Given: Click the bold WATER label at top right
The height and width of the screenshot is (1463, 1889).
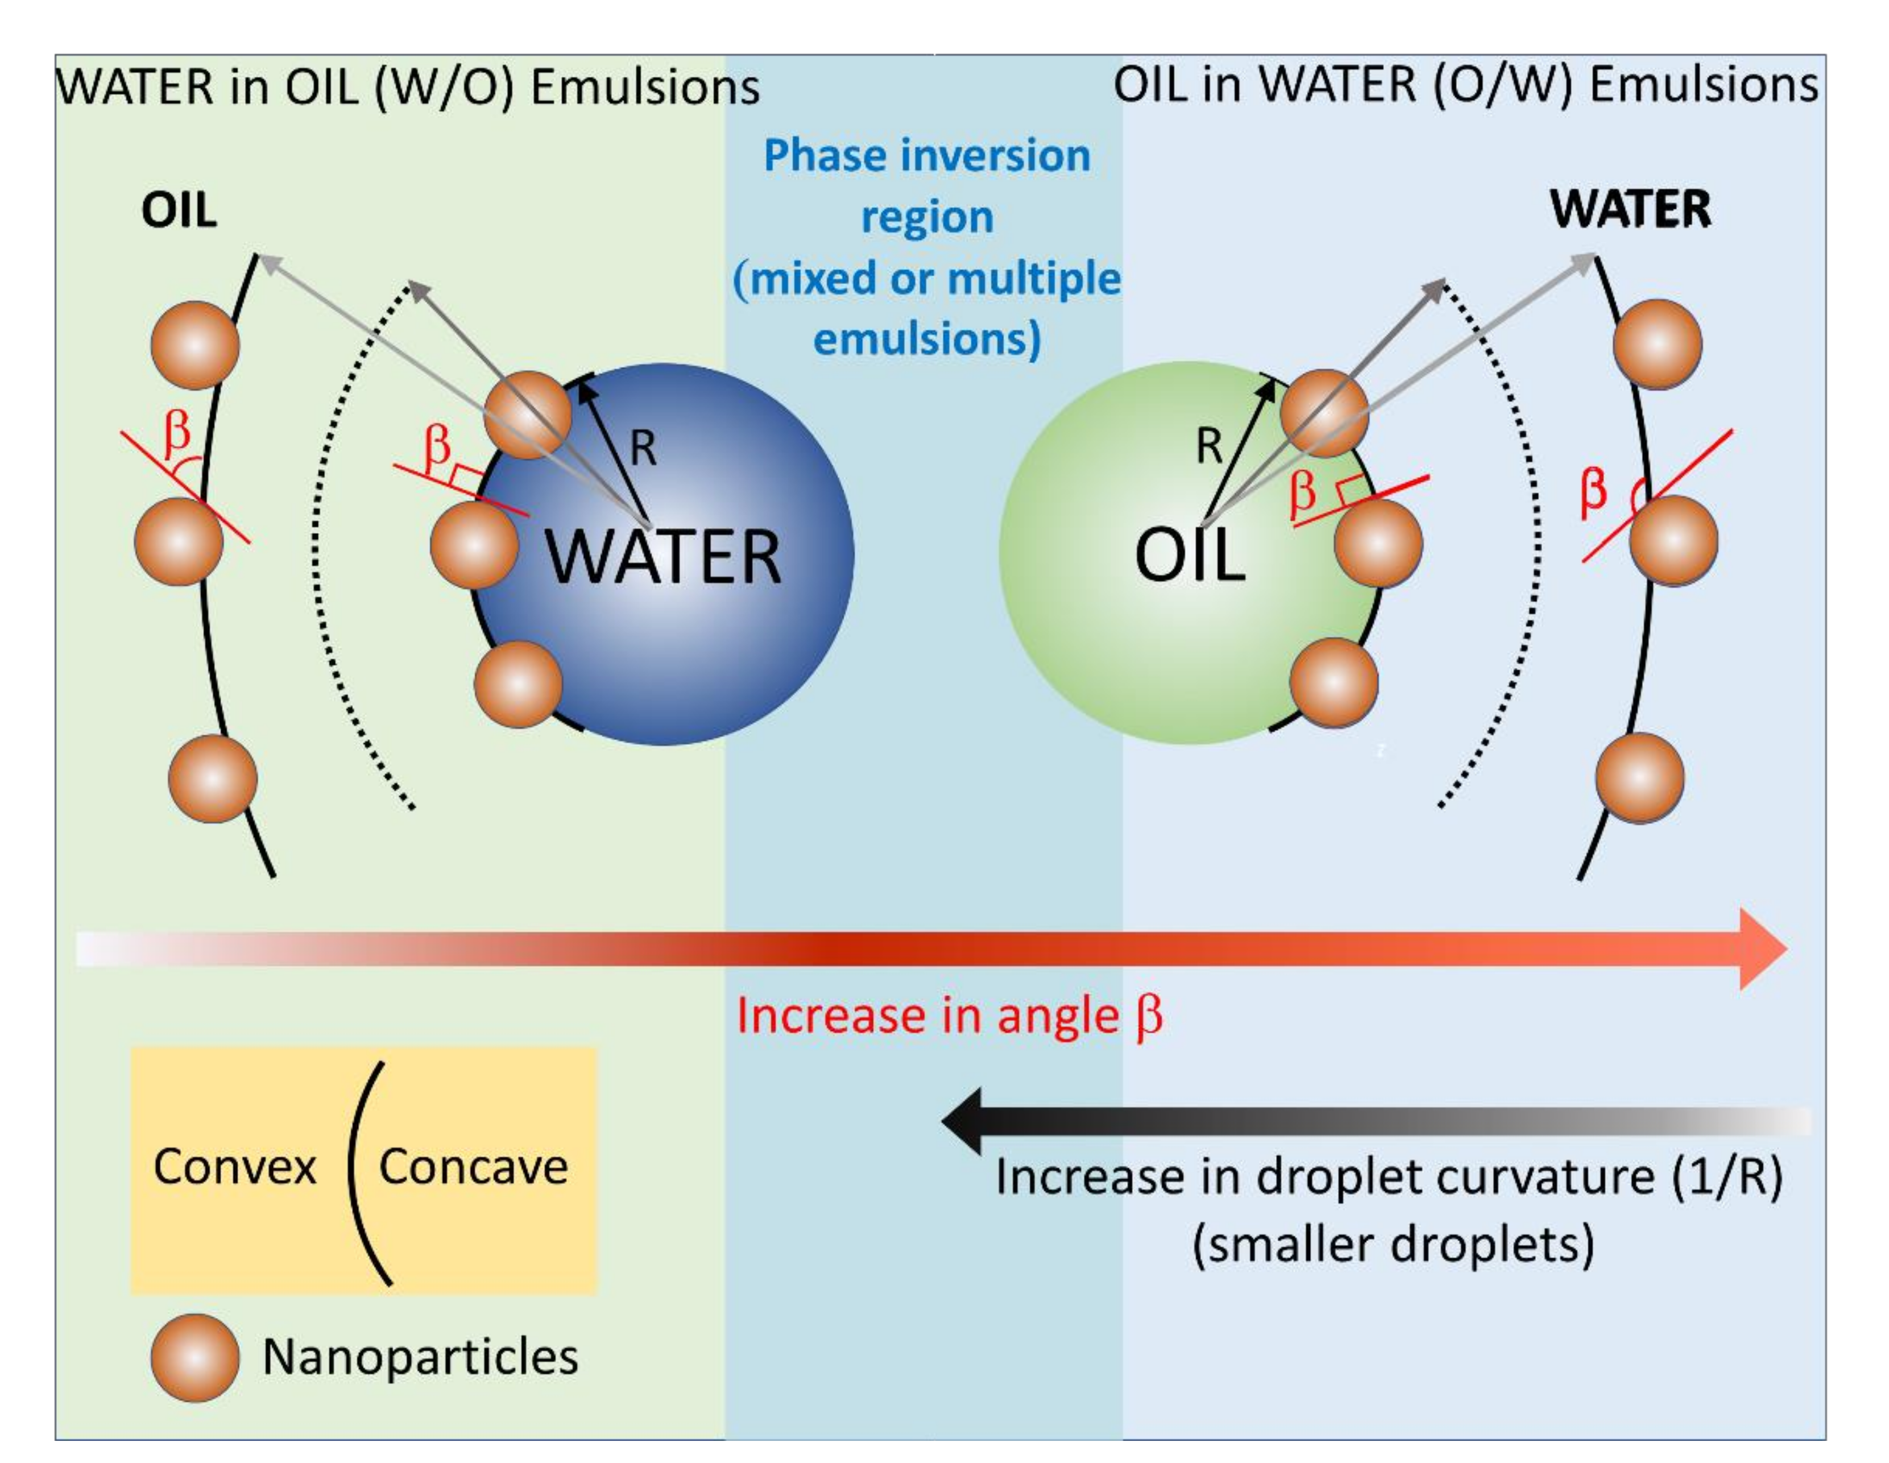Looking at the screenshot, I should (1630, 209).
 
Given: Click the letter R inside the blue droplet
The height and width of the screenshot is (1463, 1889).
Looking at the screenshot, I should (643, 449).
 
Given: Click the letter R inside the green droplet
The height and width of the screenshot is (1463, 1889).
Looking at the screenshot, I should (1208, 447).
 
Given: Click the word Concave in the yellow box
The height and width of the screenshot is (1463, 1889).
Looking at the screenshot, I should (473, 1166).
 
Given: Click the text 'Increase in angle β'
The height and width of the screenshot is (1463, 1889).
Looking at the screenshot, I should (949, 1015).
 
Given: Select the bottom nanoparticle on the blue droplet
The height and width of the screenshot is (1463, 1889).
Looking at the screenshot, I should (518, 683).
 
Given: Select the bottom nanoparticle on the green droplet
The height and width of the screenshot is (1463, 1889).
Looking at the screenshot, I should (1333, 681).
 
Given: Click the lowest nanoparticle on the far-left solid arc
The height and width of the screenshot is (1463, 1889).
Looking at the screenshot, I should (212, 779).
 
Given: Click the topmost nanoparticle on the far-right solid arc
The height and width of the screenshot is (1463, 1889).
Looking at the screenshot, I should (1657, 344).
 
